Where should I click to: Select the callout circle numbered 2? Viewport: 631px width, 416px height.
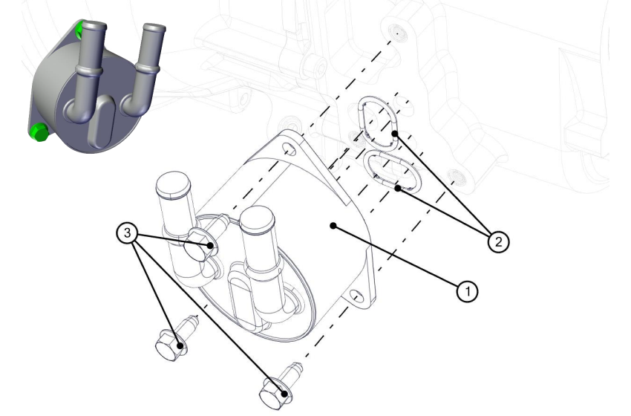(498, 241)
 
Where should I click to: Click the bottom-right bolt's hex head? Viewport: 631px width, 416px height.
(272, 391)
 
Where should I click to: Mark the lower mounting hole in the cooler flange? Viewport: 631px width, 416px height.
(357, 297)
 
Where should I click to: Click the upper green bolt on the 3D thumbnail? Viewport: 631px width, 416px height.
(79, 30)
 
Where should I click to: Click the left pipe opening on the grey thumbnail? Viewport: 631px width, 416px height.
(91, 27)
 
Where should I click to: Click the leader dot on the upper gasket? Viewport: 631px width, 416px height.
(395, 134)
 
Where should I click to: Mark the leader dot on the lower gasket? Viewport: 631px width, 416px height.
(398, 188)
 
